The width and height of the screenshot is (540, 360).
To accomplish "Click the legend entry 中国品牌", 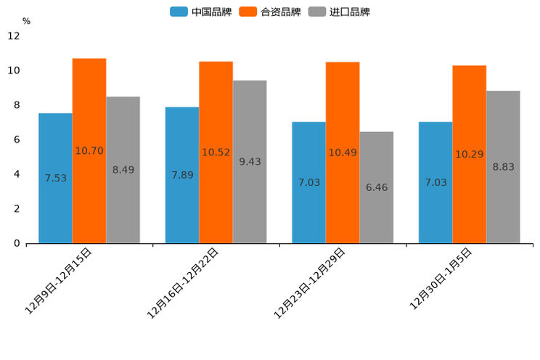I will click(202, 12).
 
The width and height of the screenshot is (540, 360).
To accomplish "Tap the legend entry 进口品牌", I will click(340, 12).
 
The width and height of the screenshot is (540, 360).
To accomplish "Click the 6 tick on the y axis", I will click(17, 139).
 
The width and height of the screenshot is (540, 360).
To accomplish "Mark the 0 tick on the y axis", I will click(17, 243).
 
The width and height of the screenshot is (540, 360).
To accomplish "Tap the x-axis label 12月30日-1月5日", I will click(441, 278).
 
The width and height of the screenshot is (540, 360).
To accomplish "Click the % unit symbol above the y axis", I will click(26, 21).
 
